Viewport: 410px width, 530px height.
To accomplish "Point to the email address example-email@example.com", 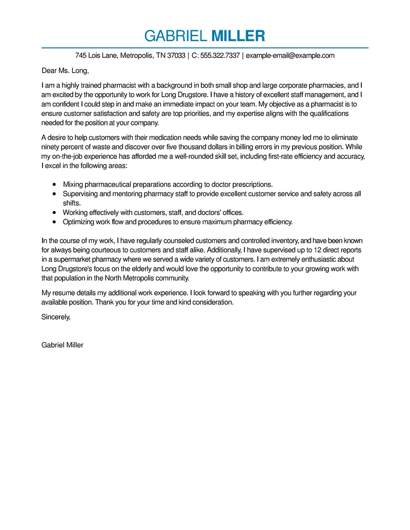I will [x=290, y=55].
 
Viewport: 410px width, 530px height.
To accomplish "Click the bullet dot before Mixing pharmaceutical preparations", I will [x=54, y=184].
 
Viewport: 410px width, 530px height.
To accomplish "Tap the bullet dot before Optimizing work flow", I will [x=54, y=222].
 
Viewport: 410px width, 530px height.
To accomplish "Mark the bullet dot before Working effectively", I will [x=54, y=213].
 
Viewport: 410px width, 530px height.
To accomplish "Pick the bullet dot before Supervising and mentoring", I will [x=54, y=194].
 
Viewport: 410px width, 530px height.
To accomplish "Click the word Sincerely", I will [x=55, y=317].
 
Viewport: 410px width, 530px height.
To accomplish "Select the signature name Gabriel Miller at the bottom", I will [x=62, y=345].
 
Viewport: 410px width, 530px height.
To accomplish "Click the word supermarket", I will [x=69, y=259].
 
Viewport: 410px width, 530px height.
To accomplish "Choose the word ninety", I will [x=51, y=146].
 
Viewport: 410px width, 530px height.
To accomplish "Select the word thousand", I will [x=198, y=146].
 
